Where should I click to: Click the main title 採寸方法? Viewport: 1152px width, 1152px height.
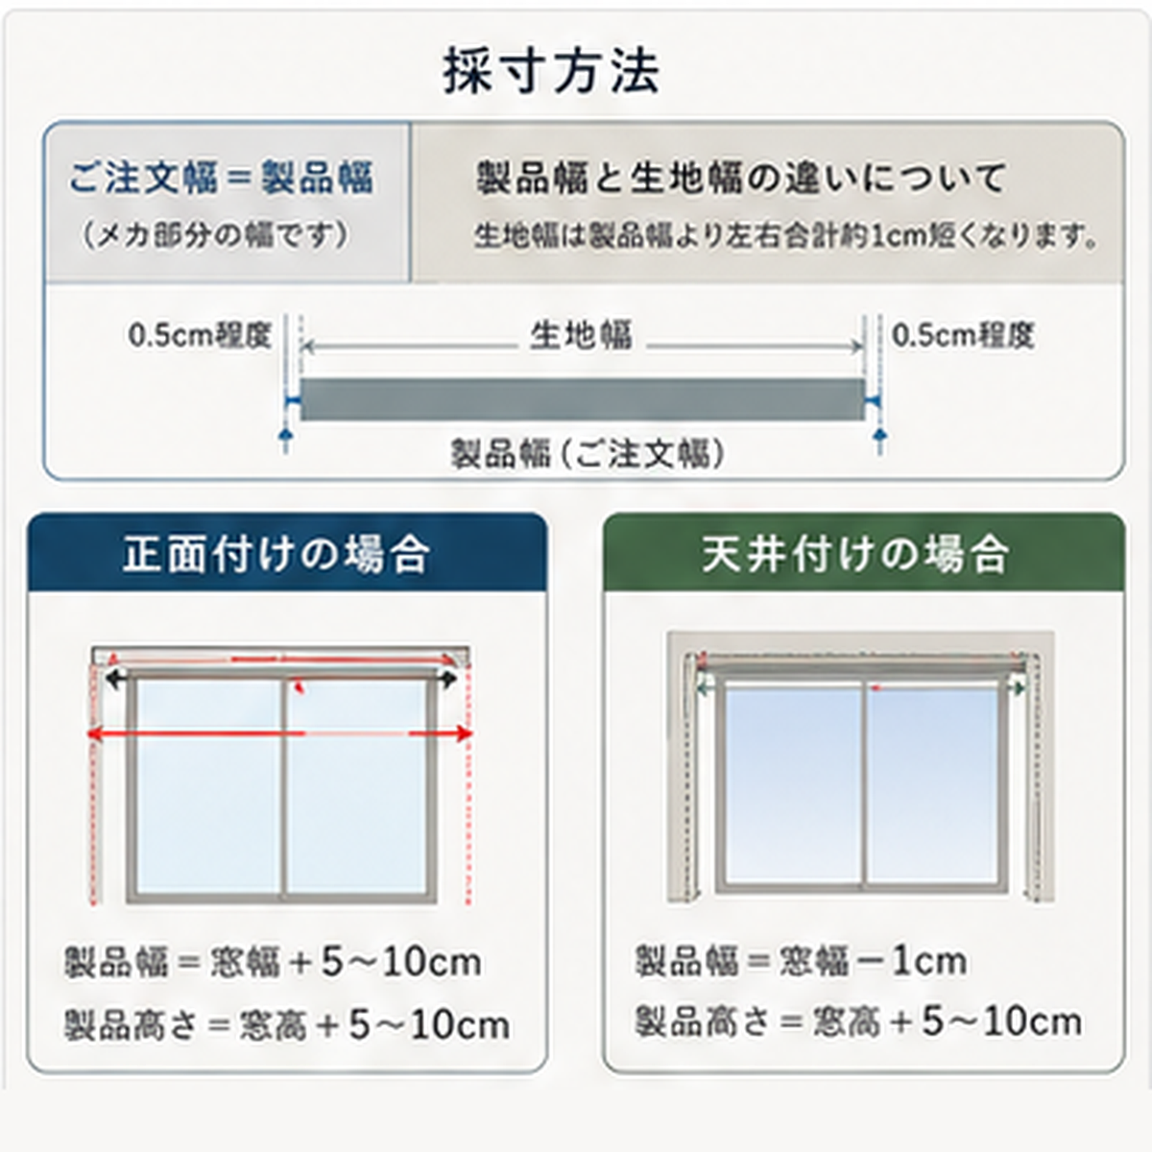click(x=551, y=72)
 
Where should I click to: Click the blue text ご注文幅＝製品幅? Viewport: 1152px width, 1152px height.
click(x=221, y=178)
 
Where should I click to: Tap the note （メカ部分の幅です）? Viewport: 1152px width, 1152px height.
click(x=215, y=235)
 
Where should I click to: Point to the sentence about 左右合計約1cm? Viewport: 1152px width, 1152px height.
click(x=787, y=236)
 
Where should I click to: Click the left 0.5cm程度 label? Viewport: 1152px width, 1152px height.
click(x=200, y=335)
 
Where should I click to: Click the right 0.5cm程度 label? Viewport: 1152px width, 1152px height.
click(x=963, y=335)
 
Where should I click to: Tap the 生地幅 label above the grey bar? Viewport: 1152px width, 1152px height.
click(x=581, y=335)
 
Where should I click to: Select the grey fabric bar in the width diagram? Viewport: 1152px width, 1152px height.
click(x=583, y=398)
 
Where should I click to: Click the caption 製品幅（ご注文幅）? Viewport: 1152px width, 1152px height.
click(x=588, y=454)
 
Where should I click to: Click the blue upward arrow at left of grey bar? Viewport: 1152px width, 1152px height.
click(x=286, y=439)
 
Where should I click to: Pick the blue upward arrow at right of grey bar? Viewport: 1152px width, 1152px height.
click(x=879, y=439)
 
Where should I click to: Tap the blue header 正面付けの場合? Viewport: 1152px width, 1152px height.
click(x=276, y=554)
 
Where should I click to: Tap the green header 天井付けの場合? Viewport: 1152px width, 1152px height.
click(x=855, y=554)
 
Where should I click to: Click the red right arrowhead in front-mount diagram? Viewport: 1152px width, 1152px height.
click(x=464, y=733)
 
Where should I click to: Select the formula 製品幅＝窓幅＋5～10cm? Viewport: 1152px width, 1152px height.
click(x=273, y=963)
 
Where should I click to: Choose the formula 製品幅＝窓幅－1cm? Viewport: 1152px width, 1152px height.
click(x=801, y=961)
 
